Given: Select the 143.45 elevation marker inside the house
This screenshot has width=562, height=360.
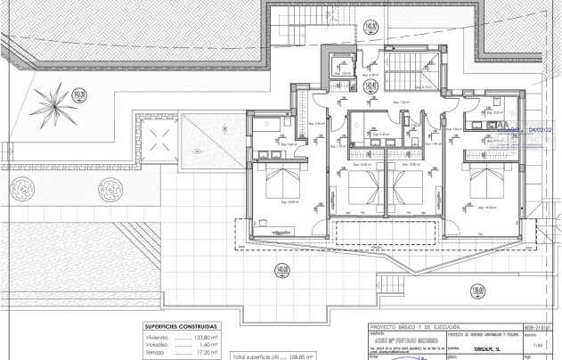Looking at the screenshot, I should (x=368, y=86).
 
